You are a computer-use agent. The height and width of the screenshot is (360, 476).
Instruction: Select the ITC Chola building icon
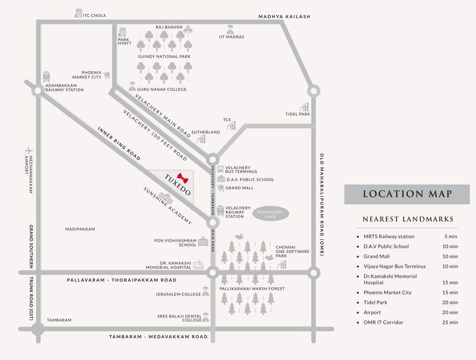(x=78, y=14)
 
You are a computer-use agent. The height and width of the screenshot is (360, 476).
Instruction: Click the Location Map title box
(x=407, y=194)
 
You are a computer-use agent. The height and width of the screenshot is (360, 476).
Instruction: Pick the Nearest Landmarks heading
(x=408, y=219)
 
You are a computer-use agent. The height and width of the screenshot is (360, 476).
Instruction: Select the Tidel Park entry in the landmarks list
(x=375, y=302)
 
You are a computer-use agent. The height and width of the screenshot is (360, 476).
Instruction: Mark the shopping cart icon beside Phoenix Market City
(x=107, y=75)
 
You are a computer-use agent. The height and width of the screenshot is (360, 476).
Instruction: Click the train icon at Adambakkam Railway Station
(x=46, y=77)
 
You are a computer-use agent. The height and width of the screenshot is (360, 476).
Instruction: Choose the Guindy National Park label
(x=158, y=57)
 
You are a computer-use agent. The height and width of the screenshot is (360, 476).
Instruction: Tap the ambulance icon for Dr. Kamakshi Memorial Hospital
(x=199, y=265)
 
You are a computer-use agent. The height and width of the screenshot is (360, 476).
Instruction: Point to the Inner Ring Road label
(x=119, y=143)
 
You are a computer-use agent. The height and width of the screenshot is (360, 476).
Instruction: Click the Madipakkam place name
(x=80, y=229)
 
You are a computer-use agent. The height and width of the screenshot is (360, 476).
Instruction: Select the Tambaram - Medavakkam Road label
(x=158, y=337)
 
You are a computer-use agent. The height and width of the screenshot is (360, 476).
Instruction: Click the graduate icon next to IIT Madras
(x=230, y=29)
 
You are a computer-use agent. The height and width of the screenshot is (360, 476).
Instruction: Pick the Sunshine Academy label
(x=167, y=206)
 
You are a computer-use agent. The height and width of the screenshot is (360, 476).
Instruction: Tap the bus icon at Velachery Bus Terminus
(x=220, y=169)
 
